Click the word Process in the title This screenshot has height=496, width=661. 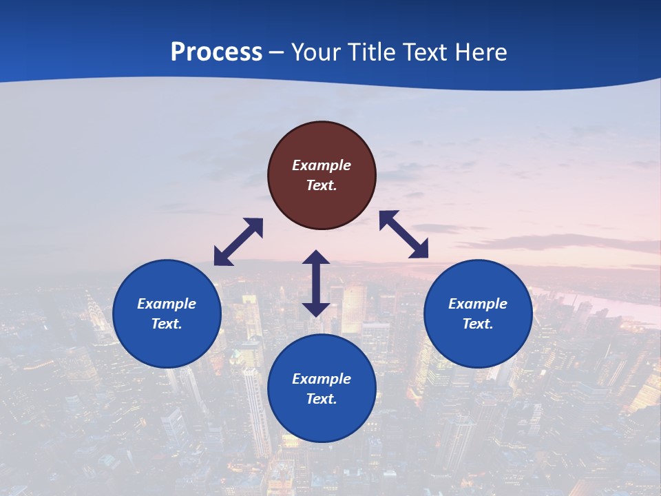click(216, 52)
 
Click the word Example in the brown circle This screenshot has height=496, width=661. click(322, 165)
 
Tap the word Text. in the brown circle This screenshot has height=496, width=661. click(322, 185)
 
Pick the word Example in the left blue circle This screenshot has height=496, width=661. click(167, 304)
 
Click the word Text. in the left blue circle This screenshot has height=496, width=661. click(167, 324)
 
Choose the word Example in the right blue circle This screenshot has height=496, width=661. click(478, 304)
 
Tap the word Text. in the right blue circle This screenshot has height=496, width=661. click(478, 324)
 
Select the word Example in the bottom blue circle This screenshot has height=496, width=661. click(322, 379)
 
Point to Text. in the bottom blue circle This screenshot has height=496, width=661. click(322, 399)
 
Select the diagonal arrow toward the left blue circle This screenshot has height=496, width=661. click(238, 242)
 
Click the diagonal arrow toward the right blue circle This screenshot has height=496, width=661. click(404, 234)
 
